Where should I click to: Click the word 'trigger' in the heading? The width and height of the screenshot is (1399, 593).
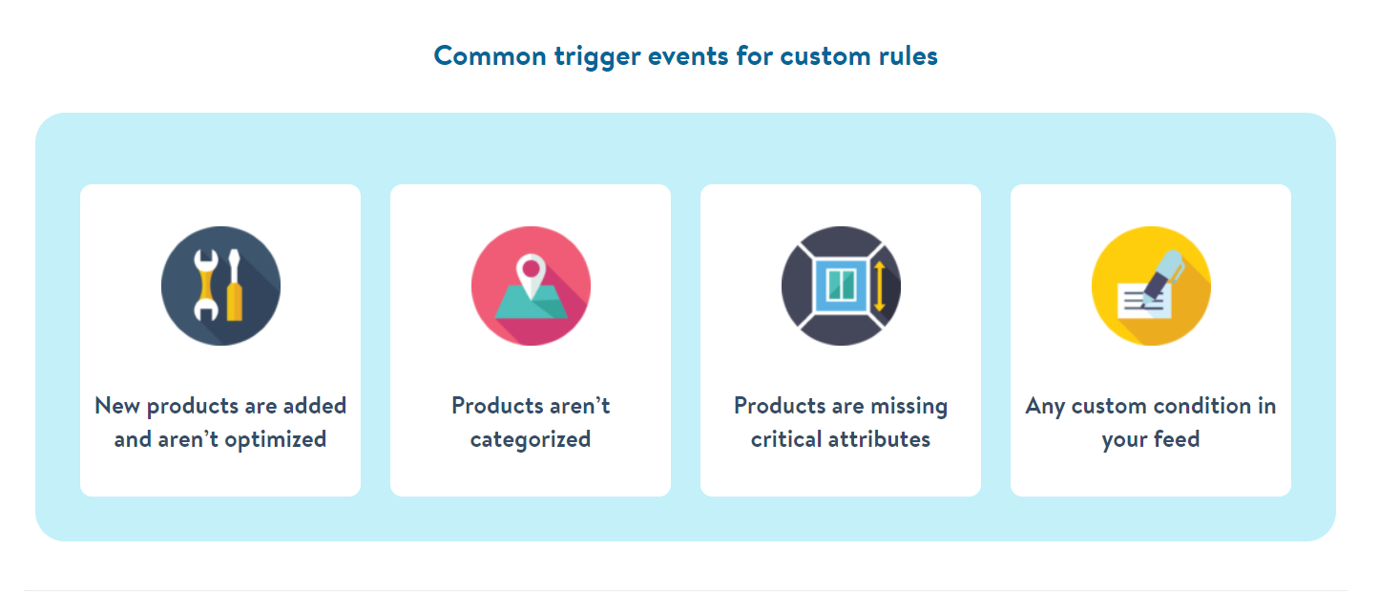pos(597,57)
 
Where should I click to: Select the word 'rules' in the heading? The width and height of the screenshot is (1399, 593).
pos(908,56)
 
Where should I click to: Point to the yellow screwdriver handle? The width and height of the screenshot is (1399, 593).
pos(234,302)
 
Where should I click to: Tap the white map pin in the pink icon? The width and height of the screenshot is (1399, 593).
pos(531,275)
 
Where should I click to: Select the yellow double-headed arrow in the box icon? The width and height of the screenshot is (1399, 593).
pos(879,286)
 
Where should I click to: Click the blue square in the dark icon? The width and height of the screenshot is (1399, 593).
pos(841,286)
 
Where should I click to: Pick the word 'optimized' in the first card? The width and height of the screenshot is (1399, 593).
pos(276,440)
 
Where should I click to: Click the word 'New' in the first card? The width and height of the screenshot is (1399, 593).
pos(116,406)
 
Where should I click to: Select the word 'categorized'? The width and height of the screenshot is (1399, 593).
pos(531,440)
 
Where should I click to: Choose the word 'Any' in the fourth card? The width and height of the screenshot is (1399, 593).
pos(1045,407)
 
